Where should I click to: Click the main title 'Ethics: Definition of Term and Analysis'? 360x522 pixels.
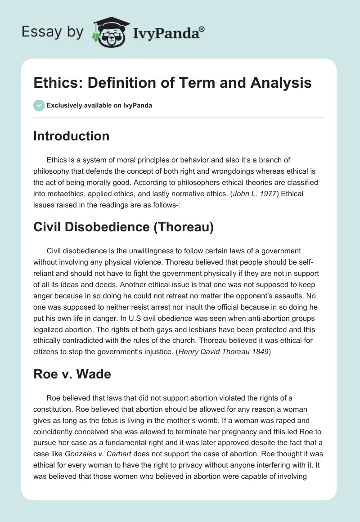point(172,83)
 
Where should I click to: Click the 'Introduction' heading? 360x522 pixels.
point(71,136)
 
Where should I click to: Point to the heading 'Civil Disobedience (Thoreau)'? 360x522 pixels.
point(123,227)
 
